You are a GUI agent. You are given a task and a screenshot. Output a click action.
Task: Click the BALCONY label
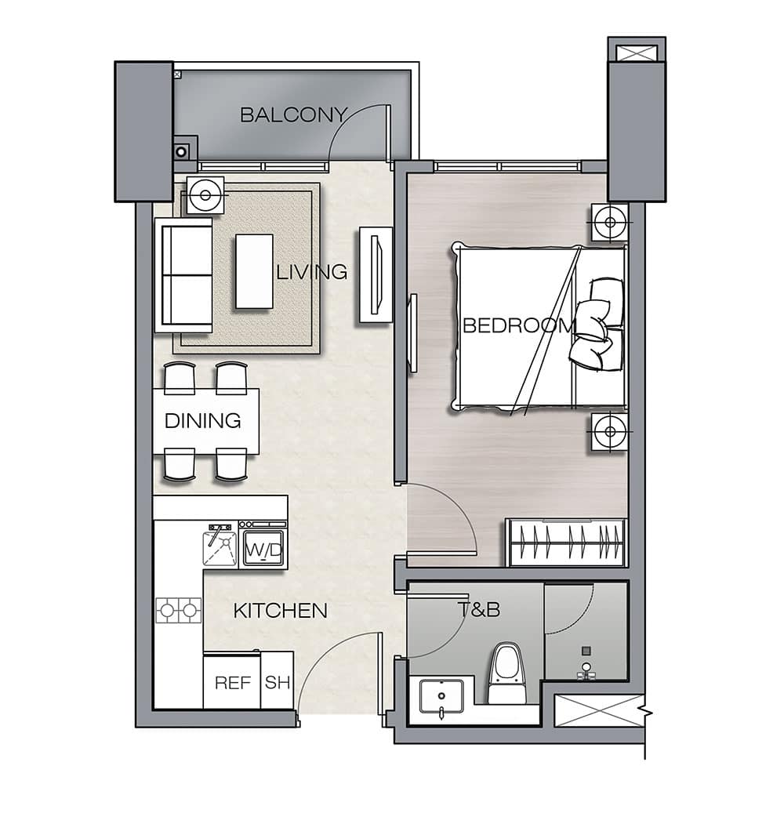point(293,114)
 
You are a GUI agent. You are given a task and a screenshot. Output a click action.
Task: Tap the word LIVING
point(311,272)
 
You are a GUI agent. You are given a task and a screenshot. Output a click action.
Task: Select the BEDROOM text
point(519,325)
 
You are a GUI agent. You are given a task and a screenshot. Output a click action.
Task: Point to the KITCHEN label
point(281,611)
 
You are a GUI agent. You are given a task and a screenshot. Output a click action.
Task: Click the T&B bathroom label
point(479,609)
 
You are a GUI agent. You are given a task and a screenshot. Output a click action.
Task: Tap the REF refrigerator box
point(232,681)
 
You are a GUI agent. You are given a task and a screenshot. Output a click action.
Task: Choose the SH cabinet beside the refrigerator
point(277,681)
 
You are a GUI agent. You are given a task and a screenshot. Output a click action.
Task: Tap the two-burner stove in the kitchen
point(179,610)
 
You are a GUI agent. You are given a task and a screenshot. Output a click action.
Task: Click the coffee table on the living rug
point(254,272)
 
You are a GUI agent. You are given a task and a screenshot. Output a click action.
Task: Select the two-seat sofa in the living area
point(183,275)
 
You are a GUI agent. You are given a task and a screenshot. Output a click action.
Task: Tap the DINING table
point(206,421)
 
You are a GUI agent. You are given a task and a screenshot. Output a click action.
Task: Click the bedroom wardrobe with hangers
point(567,542)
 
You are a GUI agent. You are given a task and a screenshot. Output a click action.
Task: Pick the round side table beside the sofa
point(205,195)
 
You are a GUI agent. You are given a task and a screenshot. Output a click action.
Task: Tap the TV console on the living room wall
point(376,275)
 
